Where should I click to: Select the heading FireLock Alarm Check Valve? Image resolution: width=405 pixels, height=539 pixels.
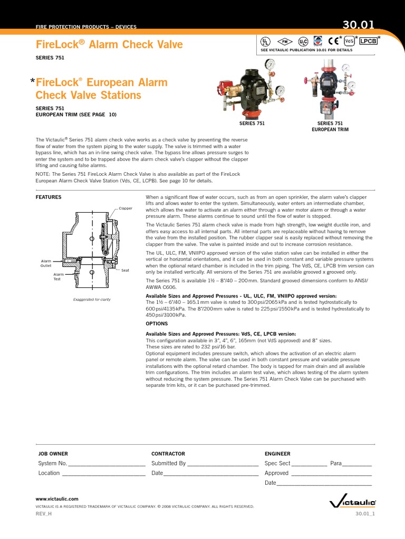(x=109, y=45)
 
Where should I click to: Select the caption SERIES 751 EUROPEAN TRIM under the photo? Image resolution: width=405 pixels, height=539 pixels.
(x=330, y=126)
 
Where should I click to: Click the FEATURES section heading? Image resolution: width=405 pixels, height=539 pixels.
(x=49, y=197)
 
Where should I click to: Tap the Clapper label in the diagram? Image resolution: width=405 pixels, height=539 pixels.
(x=126, y=208)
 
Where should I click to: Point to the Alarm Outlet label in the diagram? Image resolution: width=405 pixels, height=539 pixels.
(x=46, y=263)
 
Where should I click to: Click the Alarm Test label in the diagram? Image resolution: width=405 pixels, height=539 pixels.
(x=58, y=276)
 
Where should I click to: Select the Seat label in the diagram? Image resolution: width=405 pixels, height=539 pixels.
(x=125, y=270)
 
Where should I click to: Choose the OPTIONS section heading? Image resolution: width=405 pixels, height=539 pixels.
(x=157, y=323)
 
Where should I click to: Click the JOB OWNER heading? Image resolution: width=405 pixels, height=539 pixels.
(x=53, y=453)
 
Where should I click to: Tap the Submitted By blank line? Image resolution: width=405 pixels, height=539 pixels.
(x=223, y=465)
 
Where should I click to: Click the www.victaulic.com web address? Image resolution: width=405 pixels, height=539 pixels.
(x=57, y=498)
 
